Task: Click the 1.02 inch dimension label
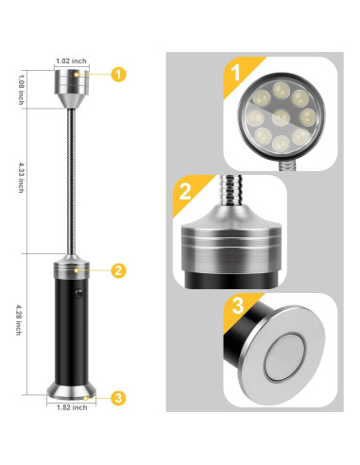coord(71,60)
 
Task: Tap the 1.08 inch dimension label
coord(21,90)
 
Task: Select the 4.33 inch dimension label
coord(21,178)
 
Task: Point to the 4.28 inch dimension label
coord(19,319)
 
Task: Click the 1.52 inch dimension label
coord(72,407)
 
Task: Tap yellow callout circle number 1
coord(118,75)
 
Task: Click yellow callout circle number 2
coord(118,270)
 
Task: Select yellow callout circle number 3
coord(118,398)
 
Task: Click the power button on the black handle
coord(78,294)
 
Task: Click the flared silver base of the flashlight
coord(72,390)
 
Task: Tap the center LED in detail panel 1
coord(281,118)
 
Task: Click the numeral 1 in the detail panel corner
coord(235,72)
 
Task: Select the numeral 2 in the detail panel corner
coord(185,191)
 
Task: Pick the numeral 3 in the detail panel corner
coord(238,306)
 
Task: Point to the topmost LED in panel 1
coord(282,90)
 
